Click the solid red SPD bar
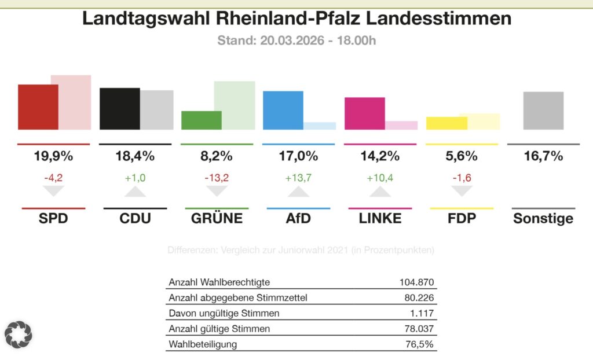pyautogui.click(x=38, y=107)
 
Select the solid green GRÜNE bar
pyautogui.click(x=201, y=120)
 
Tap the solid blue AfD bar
pyautogui.click(x=283, y=110)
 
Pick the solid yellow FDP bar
pyautogui.click(x=446, y=123)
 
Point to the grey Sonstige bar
pyautogui.click(x=543, y=111)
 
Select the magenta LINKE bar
pyautogui.click(x=364, y=113)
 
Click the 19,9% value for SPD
pyautogui.click(x=53, y=156)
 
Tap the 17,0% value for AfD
pyautogui.click(x=298, y=156)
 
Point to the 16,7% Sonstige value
pyautogui.click(x=543, y=156)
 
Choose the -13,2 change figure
pyautogui.click(x=217, y=178)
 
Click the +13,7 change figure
pyautogui.click(x=298, y=178)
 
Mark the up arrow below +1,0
pyautogui.click(x=136, y=192)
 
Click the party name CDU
pyautogui.click(x=136, y=218)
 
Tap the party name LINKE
pyautogui.click(x=380, y=218)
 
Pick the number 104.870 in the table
pyautogui.click(x=416, y=282)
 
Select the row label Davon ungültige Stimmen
pyautogui.click(x=224, y=313)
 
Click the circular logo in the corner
pyautogui.click(x=19, y=334)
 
